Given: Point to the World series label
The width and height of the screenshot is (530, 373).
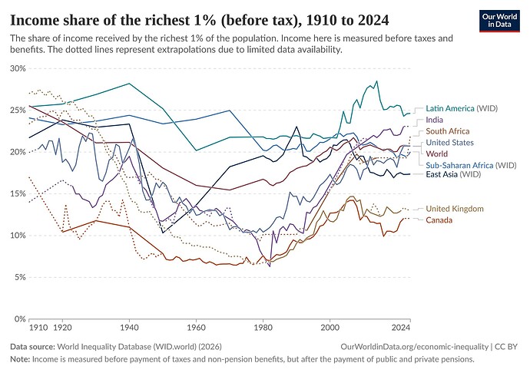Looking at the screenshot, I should pos(438,153).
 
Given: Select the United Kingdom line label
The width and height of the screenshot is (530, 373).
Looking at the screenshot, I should pos(455,209).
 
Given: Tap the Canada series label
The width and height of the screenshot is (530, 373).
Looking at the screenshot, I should pos(439,220).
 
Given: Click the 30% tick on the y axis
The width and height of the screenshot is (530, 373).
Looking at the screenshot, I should pos(17,68).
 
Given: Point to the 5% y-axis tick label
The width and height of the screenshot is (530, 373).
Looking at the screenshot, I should pos(19,277).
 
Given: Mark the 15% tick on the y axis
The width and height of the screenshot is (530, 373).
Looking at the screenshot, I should pos(17,193).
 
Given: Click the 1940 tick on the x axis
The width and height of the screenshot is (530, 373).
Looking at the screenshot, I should pos(129,326).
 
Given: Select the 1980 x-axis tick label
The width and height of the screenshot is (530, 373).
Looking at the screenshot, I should pos(263,326).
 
